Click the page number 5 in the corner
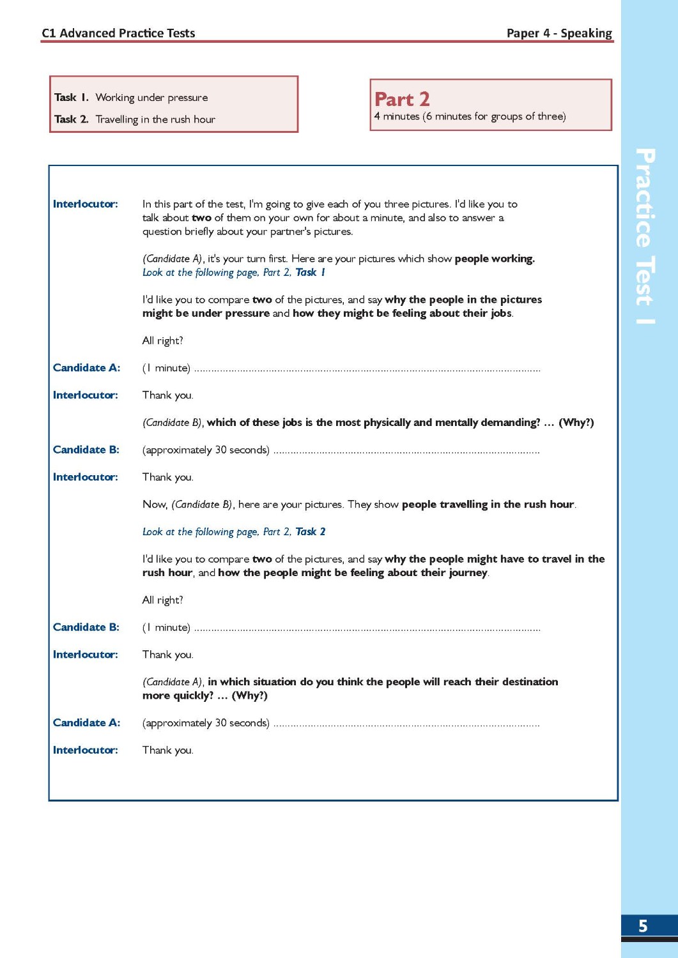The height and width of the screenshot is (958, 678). coord(643,925)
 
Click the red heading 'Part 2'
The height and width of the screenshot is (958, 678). coord(402,100)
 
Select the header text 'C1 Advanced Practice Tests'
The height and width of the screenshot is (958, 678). coord(118,33)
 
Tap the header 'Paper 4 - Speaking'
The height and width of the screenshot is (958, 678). coord(559,33)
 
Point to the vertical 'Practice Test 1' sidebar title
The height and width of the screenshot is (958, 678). coord(645,236)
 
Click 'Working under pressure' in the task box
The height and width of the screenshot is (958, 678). coord(151,98)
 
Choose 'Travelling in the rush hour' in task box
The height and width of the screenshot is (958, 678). coord(155,119)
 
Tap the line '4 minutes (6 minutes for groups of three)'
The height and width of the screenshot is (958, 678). coord(470,116)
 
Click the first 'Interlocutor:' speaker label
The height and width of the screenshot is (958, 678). coord(86,204)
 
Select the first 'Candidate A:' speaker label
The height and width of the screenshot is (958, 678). coord(86,368)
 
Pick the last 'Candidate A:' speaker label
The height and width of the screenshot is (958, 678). coord(86,723)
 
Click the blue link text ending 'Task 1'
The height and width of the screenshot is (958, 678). coord(233,273)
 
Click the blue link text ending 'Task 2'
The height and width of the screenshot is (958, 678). coord(233,532)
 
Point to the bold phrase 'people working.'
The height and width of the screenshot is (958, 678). coord(495,259)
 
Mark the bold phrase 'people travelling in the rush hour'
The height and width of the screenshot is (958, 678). coord(488,505)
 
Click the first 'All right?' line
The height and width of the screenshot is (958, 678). coord(162,341)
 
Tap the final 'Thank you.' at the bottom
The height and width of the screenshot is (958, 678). coord(167,750)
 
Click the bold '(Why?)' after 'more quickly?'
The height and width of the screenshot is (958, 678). coord(249,696)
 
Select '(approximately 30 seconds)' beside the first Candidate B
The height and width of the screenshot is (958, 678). coord(206,450)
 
